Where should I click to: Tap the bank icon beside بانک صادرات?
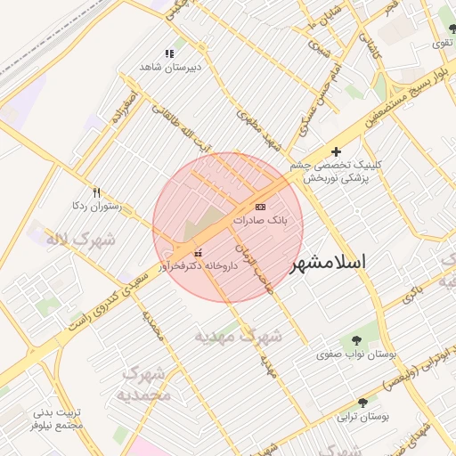coord(260,206)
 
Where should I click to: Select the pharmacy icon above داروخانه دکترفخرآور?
coord(197,252)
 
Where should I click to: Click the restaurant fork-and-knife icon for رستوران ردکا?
coord(97,192)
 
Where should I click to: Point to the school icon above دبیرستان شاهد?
coord(169,54)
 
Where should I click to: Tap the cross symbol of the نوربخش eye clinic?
coord(336,152)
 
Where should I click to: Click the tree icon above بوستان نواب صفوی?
coord(356,340)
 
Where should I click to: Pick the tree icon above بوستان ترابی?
coord(362,403)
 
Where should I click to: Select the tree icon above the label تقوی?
coord(452,29)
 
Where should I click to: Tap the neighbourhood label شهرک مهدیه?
coord(239,337)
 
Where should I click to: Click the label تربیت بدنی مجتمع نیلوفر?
coord(58,419)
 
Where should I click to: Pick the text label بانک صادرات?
coord(261,219)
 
